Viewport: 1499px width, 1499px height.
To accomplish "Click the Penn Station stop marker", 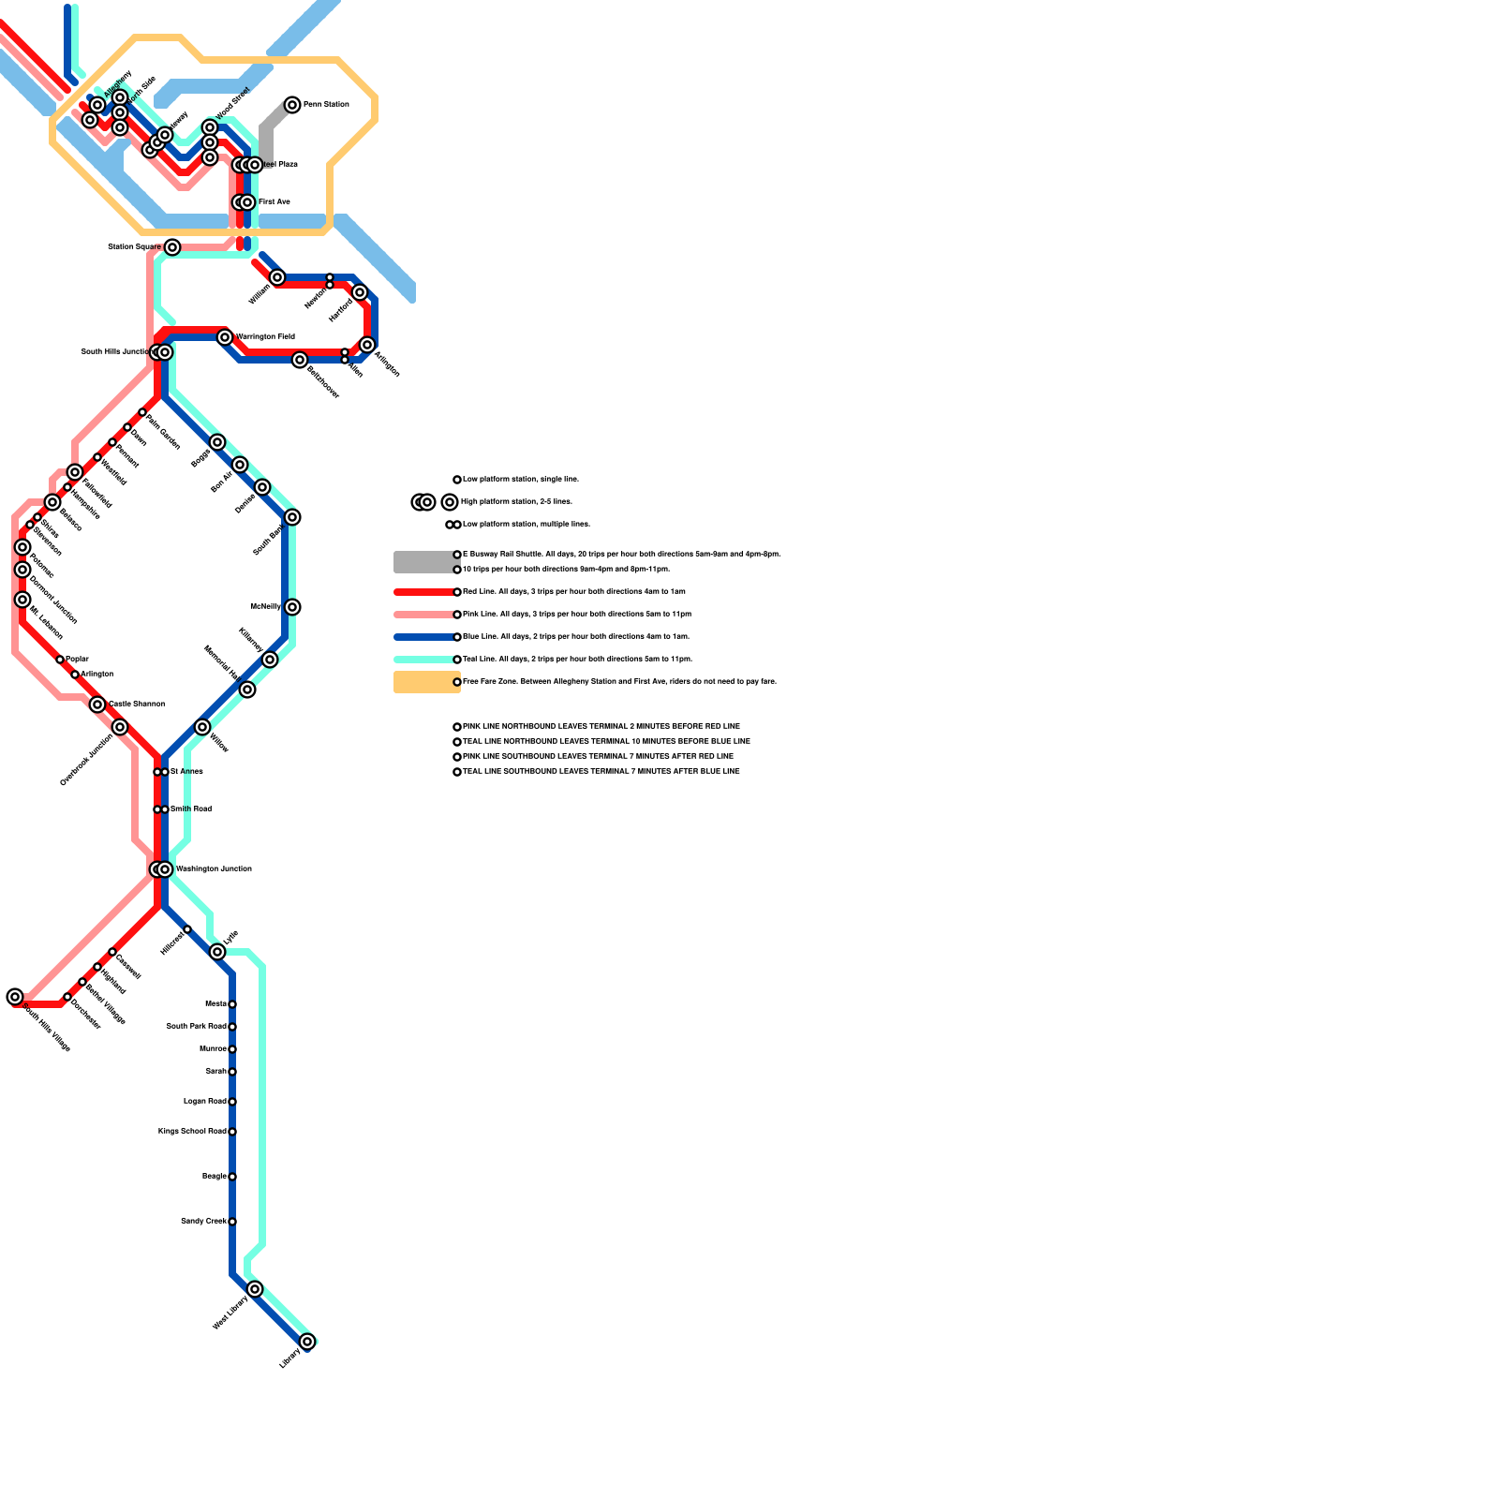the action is tap(292, 105).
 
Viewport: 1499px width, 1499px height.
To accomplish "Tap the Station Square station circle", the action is tap(172, 247).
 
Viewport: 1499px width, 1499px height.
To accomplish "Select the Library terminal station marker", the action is tap(307, 1342).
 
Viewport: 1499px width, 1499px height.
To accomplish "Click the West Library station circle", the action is tap(255, 1289).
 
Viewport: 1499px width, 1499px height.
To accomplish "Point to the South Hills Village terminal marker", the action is tap(15, 997).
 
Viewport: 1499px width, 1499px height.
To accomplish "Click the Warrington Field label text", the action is tap(265, 337).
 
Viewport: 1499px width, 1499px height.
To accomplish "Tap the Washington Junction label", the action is tap(214, 869).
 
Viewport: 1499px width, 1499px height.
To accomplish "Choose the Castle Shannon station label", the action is tap(137, 704).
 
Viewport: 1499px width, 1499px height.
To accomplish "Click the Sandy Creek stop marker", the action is tap(232, 1222).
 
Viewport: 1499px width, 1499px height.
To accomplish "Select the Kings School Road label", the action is tap(192, 1132).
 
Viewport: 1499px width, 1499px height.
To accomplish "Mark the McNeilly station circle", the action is tap(292, 607).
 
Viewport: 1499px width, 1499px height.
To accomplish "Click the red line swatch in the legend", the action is tap(423, 592).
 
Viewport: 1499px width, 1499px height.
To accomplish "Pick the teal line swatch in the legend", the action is tap(423, 660).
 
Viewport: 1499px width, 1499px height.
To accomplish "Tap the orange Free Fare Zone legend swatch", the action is tap(425, 682).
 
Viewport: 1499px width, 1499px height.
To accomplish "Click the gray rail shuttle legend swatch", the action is tap(425, 562).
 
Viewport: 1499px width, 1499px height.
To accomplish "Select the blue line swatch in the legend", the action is tap(423, 637).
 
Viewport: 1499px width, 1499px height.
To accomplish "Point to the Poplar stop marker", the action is tap(60, 660).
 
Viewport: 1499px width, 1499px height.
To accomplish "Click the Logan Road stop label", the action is tap(205, 1102).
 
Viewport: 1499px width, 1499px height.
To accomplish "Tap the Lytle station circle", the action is tap(217, 952).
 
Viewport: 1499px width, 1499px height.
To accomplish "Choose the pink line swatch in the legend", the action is tap(423, 615).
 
